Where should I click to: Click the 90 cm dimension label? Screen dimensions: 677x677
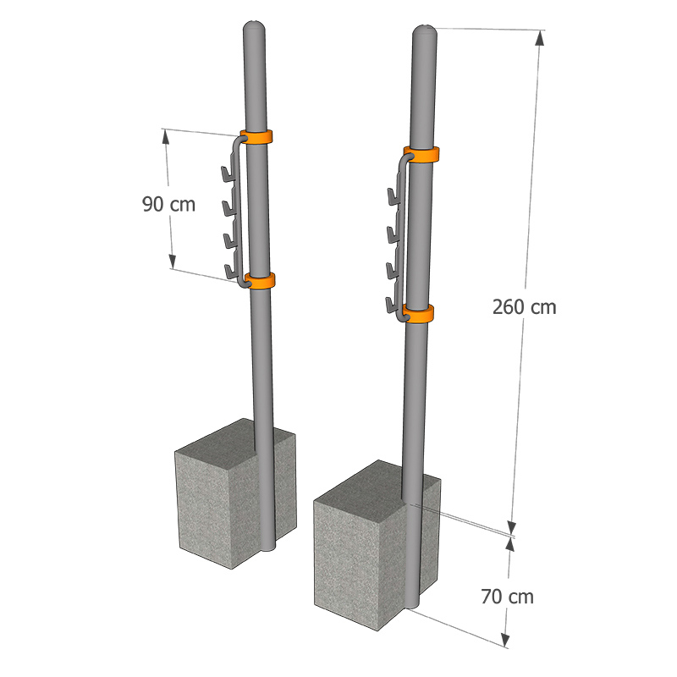168,204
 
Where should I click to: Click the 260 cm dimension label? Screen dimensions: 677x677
524,307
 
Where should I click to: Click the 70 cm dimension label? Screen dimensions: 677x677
507,597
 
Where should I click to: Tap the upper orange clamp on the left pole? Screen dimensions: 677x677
256,137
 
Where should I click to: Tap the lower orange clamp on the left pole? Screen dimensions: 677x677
260,281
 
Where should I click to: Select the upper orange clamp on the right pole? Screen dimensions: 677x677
421,155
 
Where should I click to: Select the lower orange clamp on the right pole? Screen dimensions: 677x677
419,314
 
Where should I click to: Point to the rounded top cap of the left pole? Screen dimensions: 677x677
254,27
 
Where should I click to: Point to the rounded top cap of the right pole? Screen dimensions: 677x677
425,31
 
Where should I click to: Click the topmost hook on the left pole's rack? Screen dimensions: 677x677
228,174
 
